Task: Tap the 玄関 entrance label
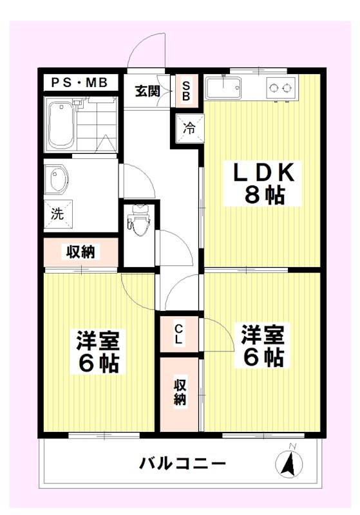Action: click(147, 91)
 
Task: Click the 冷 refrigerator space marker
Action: click(189, 127)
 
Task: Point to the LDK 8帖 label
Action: click(264, 184)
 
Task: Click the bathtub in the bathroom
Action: click(62, 124)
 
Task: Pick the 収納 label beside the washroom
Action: click(81, 252)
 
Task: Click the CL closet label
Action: click(178, 333)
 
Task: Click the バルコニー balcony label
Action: click(182, 463)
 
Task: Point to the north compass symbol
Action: click(289, 462)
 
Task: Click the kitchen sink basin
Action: click(223, 88)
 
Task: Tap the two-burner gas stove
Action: click(280, 88)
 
